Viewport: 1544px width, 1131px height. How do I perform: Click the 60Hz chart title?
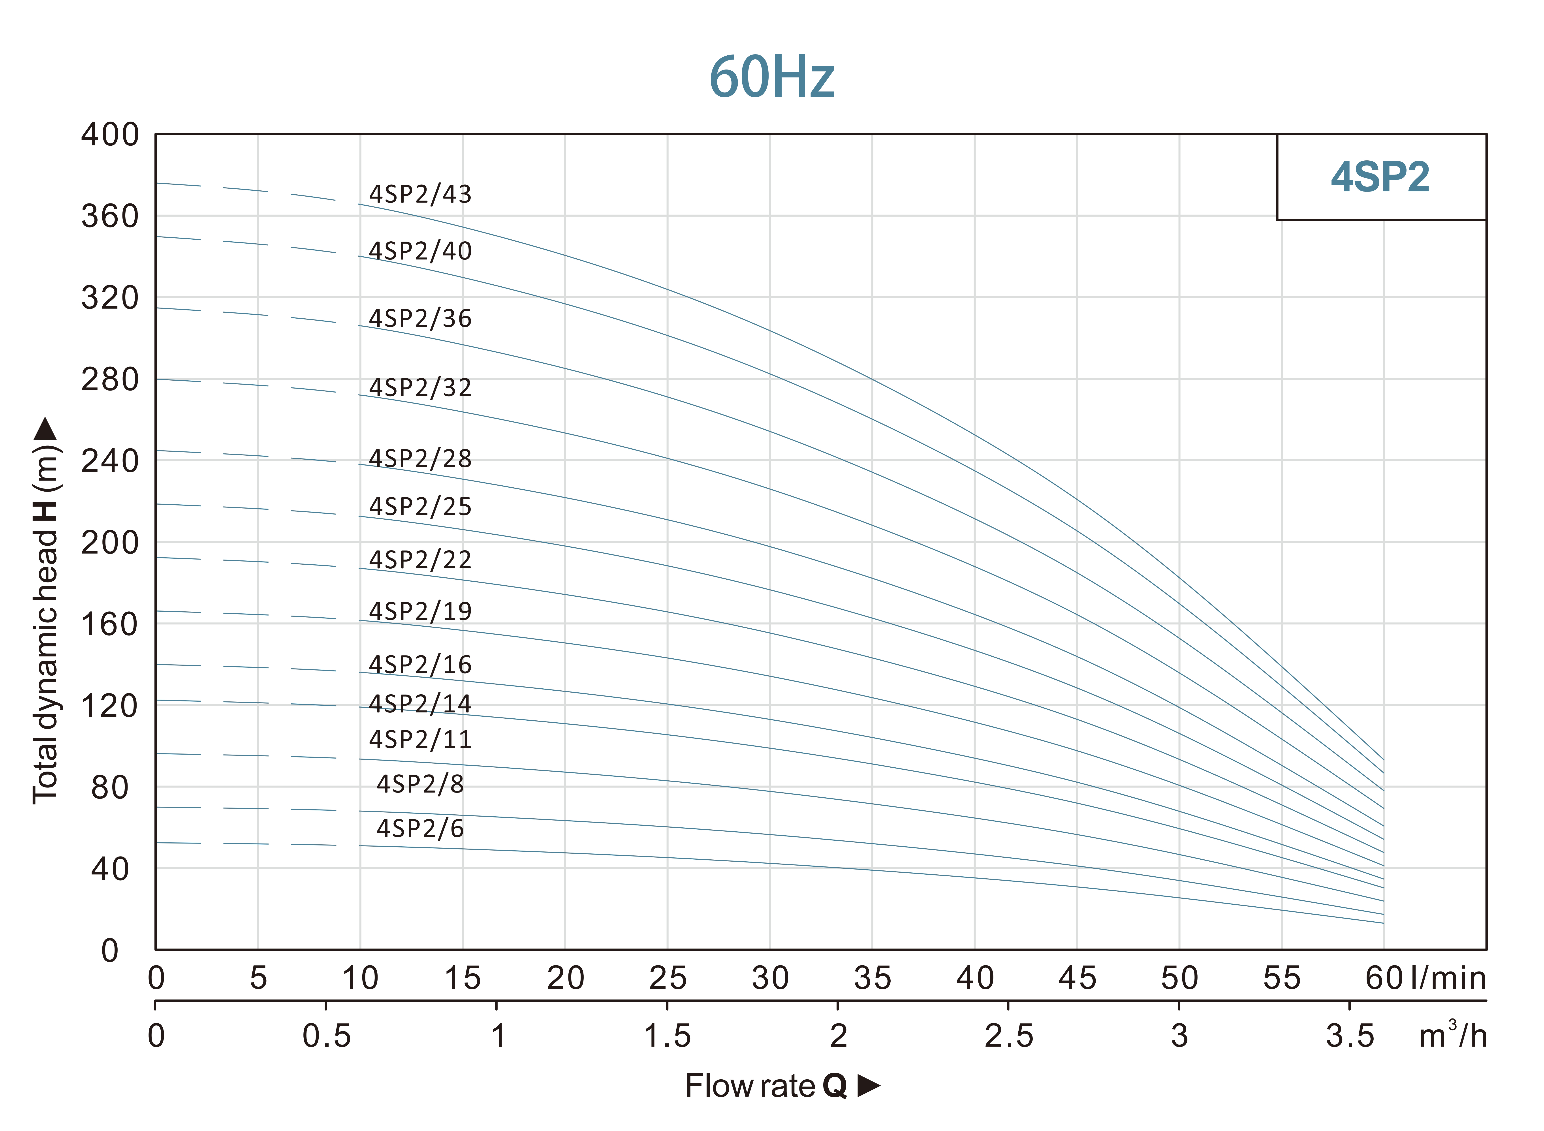[x=772, y=77]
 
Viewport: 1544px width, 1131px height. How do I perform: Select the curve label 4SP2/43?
[x=420, y=194]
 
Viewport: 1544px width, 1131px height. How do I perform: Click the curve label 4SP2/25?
[x=420, y=507]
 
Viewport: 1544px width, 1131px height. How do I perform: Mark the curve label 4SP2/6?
[x=420, y=829]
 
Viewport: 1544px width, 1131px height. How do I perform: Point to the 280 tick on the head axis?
[x=109, y=379]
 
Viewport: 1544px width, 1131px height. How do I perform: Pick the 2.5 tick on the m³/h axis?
[x=1009, y=1036]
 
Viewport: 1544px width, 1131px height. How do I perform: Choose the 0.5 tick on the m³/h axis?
[x=327, y=1036]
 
